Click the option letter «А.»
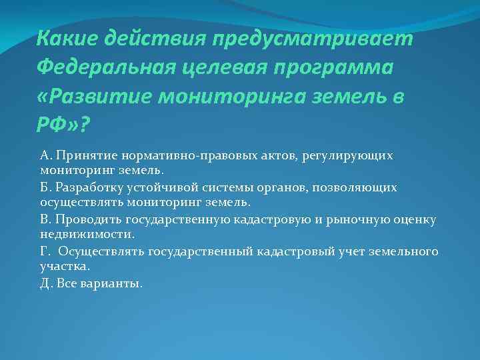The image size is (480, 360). [47, 155]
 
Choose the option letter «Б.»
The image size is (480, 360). [47, 187]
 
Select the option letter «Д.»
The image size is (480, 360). [47, 283]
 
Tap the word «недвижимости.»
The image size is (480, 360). [87, 234]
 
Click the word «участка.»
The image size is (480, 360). [65, 266]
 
